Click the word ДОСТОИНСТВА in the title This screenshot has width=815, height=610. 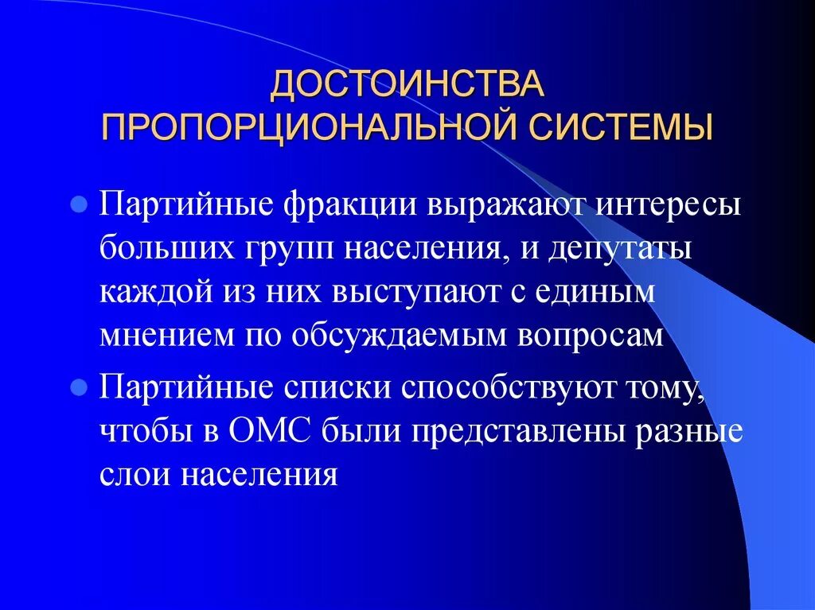[x=407, y=86]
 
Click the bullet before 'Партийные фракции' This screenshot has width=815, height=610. [x=79, y=204]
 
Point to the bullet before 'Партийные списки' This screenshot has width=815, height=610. [x=79, y=388]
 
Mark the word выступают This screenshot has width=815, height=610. [x=411, y=291]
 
